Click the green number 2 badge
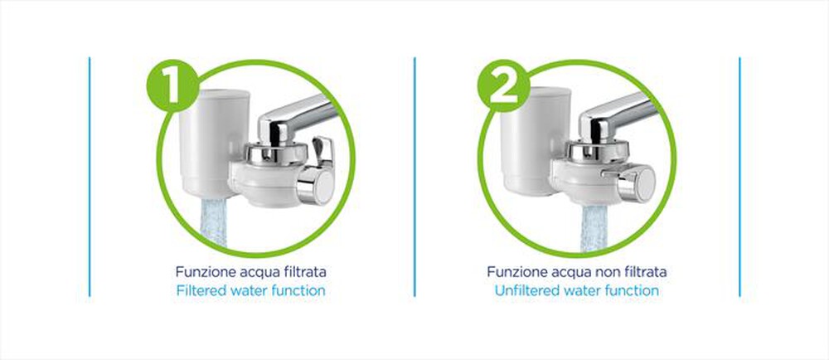pyautogui.click(x=503, y=85)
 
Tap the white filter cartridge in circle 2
pyautogui.click(x=535, y=140)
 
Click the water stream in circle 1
pyautogui.click(x=214, y=221)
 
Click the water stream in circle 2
pyautogui.click(x=596, y=228)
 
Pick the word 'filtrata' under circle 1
pyautogui.click(x=303, y=272)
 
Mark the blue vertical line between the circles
pyautogui.click(x=414, y=177)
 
